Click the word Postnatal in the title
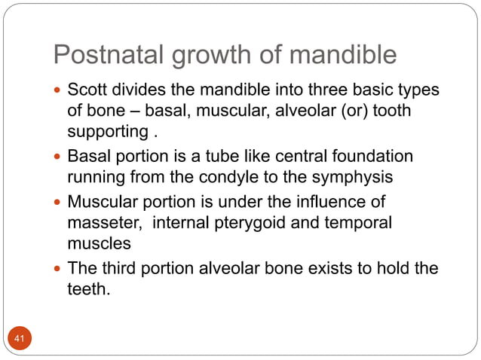coord(101,55)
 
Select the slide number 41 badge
coord(19,340)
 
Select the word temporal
coord(361,224)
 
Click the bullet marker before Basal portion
coord(59,157)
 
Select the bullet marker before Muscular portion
coord(59,202)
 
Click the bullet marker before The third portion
coord(59,268)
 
